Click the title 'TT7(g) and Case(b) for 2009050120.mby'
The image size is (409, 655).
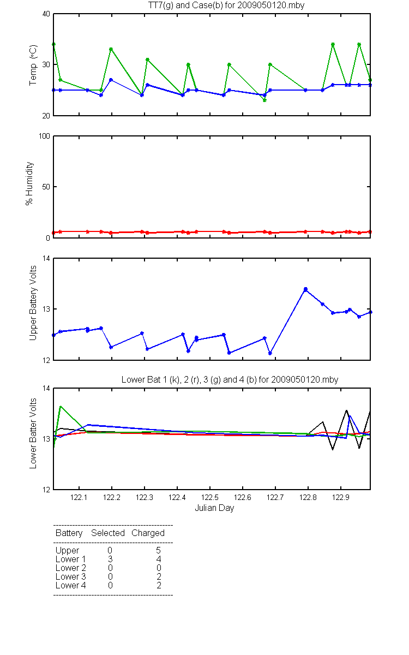(x=226, y=5)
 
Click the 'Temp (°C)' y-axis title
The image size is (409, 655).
(x=33, y=65)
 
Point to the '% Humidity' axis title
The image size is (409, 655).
(x=29, y=183)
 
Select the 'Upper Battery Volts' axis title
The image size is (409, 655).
(x=33, y=303)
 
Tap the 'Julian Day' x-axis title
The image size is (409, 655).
(x=214, y=508)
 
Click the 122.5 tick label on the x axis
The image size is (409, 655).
(x=210, y=497)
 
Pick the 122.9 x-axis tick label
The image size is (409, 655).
(x=341, y=497)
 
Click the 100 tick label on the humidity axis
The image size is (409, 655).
(x=44, y=136)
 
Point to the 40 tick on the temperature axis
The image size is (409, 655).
(x=46, y=14)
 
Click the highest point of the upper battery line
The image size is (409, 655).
(x=305, y=289)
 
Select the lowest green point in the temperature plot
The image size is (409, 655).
(x=264, y=100)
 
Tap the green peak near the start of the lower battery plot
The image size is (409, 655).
(x=61, y=406)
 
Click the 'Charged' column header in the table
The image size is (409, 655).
(x=148, y=533)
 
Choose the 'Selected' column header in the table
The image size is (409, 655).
(x=108, y=533)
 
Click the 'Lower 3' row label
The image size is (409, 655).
(x=71, y=576)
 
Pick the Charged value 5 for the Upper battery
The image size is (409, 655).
(x=158, y=550)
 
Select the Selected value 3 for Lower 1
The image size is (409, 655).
(x=110, y=559)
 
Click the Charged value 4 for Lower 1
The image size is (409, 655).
(x=159, y=559)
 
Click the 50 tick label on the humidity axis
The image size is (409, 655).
(x=46, y=187)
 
